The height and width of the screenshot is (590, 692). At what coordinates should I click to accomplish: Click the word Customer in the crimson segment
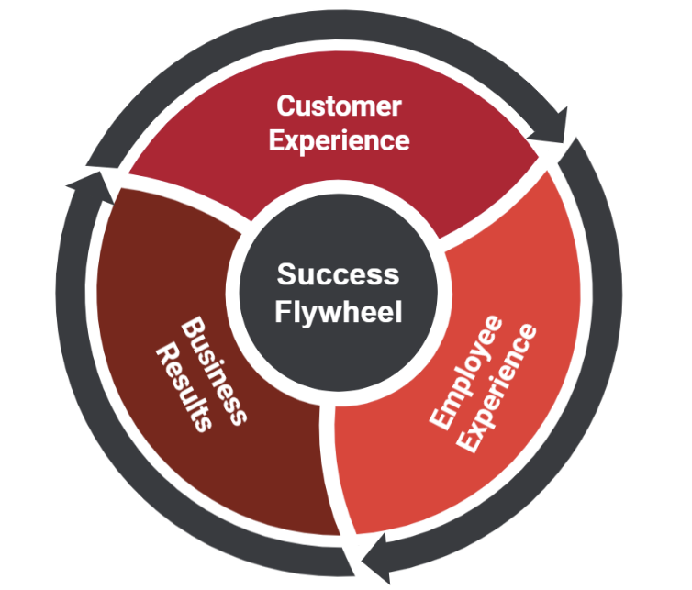click(x=340, y=106)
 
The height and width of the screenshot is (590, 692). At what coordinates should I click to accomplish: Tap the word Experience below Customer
click(x=340, y=140)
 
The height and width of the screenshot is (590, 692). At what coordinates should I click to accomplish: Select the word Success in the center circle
click(x=339, y=274)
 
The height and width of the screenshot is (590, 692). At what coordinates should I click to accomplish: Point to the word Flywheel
click(x=339, y=312)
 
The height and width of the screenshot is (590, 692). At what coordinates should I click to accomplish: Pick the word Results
click(x=184, y=385)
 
